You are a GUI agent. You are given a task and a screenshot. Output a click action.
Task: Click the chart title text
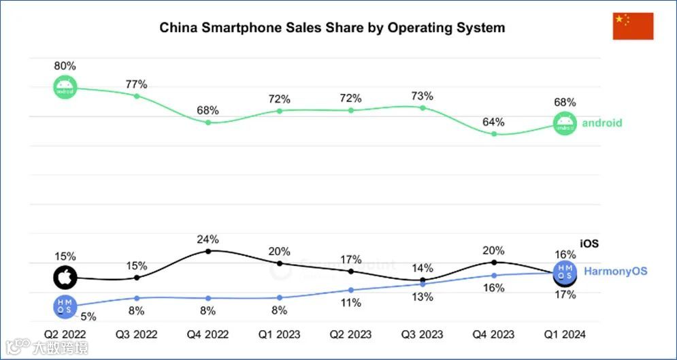pyautogui.click(x=332, y=28)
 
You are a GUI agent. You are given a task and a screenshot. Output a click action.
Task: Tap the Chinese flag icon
pyautogui.click(x=633, y=26)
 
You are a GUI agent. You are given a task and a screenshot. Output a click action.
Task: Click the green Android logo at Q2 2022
pyautogui.click(x=66, y=88)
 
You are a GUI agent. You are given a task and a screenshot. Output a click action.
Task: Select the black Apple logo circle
pyautogui.click(x=65, y=277)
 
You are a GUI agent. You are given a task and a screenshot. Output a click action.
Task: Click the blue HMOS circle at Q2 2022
pyautogui.click(x=65, y=307)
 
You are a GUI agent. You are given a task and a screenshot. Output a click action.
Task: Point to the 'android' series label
pyautogui.click(x=601, y=123)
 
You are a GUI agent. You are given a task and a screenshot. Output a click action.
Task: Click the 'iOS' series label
pyautogui.click(x=589, y=243)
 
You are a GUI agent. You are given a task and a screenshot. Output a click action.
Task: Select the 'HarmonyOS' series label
pyautogui.click(x=616, y=271)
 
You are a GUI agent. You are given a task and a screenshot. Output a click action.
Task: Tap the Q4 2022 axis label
pyautogui.click(x=208, y=334)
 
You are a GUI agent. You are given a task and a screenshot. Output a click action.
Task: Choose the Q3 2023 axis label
pyautogui.click(x=423, y=334)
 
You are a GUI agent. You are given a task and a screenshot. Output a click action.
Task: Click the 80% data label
pyautogui.click(x=65, y=66)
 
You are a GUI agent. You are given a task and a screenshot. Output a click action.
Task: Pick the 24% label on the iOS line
pyautogui.click(x=208, y=239)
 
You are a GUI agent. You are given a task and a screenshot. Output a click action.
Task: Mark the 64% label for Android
pyautogui.click(x=493, y=122)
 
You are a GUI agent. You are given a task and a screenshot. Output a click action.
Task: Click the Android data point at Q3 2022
pyautogui.click(x=137, y=96)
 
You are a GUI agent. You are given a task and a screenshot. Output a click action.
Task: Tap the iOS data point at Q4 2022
pyautogui.click(x=208, y=251)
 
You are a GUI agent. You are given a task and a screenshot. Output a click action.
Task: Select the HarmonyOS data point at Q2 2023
pyautogui.click(x=351, y=290)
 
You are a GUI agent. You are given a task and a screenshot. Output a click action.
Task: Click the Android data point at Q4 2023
pyautogui.click(x=494, y=134)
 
